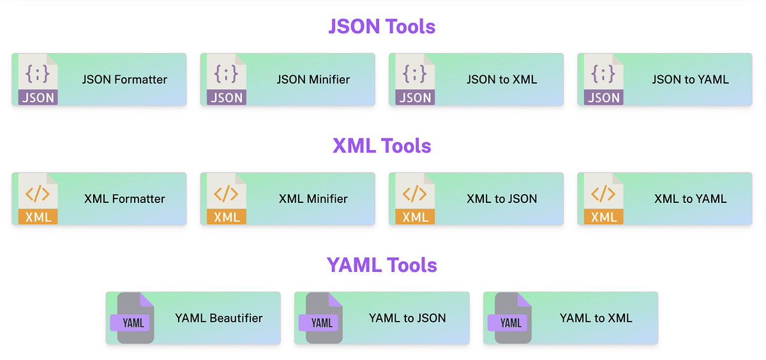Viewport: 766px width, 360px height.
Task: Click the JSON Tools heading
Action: pyautogui.click(x=382, y=26)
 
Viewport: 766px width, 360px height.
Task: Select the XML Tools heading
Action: pyautogui.click(x=382, y=146)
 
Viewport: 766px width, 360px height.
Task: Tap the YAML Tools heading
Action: pyautogui.click(x=382, y=265)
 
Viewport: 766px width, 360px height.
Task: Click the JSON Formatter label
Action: pyautogui.click(x=124, y=80)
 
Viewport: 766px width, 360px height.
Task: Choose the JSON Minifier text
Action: pyautogui.click(x=313, y=80)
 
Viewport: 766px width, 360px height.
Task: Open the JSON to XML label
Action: pyautogui.click(x=502, y=80)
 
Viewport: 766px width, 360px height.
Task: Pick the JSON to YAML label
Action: pyautogui.click(x=690, y=80)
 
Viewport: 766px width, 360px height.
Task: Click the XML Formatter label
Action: pyautogui.click(x=124, y=199)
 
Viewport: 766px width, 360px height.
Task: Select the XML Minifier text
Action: pyautogui.click(x=313, y=199)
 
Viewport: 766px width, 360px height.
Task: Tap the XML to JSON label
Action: pyautogui.click(x=502, y=199)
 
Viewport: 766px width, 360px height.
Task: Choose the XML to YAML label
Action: pyautogui.click(x=690, y=199)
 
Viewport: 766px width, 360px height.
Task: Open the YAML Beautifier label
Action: pyautogui.click(x=219, y=318)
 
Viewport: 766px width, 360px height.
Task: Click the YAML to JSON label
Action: pyautogui.click(x=407, y=318)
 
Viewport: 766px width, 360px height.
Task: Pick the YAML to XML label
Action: pyautogui.click(x=596, y=318)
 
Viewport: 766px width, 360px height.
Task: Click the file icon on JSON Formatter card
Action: pyautogui.click(x=38, y=80)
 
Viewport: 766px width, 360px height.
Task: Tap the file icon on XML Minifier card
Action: pyautogui.click(x=226, y=199)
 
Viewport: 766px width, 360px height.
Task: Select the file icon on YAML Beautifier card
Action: pyautogui.click(x=133, y=319)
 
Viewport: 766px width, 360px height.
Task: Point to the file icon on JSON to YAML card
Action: pyautogui.click(x=603, y=80)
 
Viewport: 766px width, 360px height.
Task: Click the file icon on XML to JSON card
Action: pyautogui.click(x=415, y=199)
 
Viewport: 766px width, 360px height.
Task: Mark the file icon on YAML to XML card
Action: pyautogui.click(x=510, y=319)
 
